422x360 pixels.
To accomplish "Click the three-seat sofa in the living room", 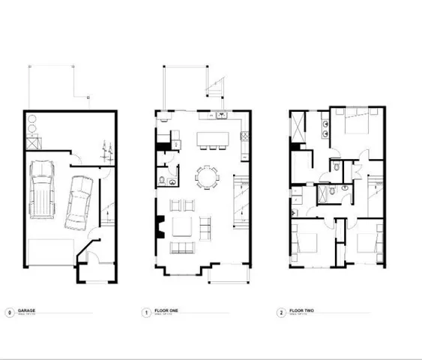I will pos(181,248).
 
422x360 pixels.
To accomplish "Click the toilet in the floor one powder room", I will pos(163,180).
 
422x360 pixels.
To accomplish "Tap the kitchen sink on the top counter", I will pos(223,116).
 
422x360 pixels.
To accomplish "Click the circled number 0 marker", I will pos(9,312).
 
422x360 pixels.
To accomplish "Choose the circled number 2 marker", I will pos(280,312).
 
